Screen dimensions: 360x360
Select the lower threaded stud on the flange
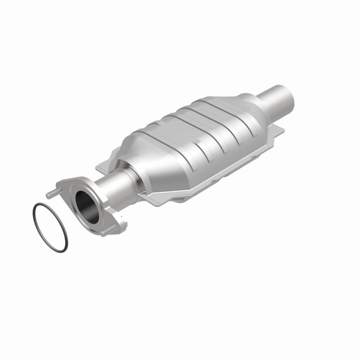point(109,230)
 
